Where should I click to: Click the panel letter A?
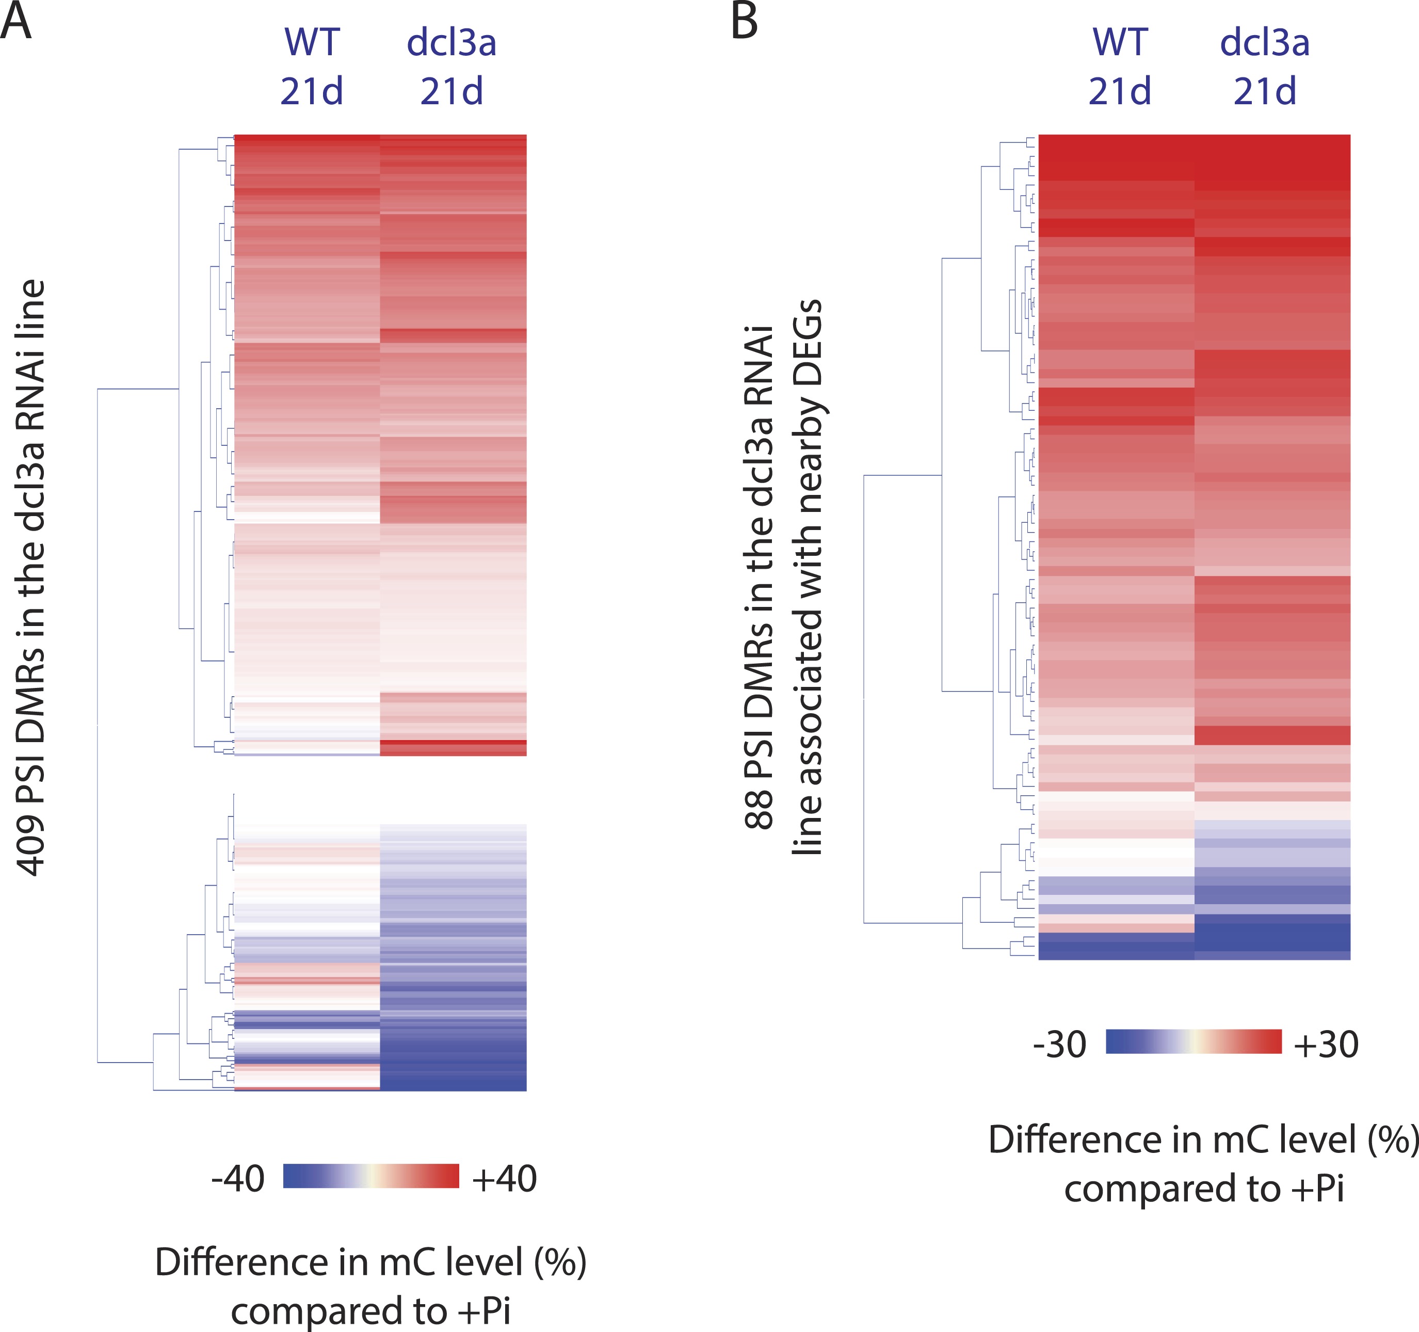pos(15,21)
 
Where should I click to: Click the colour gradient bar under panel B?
pos(1194,1041)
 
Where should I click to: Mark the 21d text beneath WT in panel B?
pos(1119,91)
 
